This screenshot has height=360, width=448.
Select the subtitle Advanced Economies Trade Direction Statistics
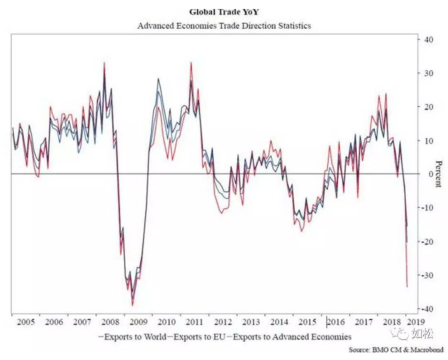(x=224, y=26)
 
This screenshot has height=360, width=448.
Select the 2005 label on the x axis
(x=26, y=322)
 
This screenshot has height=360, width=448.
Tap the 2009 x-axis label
(x=139, y=322)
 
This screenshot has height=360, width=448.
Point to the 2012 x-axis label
(x=223, y=322)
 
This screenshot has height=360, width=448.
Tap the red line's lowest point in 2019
(x=407, y=287)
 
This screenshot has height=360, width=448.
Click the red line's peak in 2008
(x=104, y=63)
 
